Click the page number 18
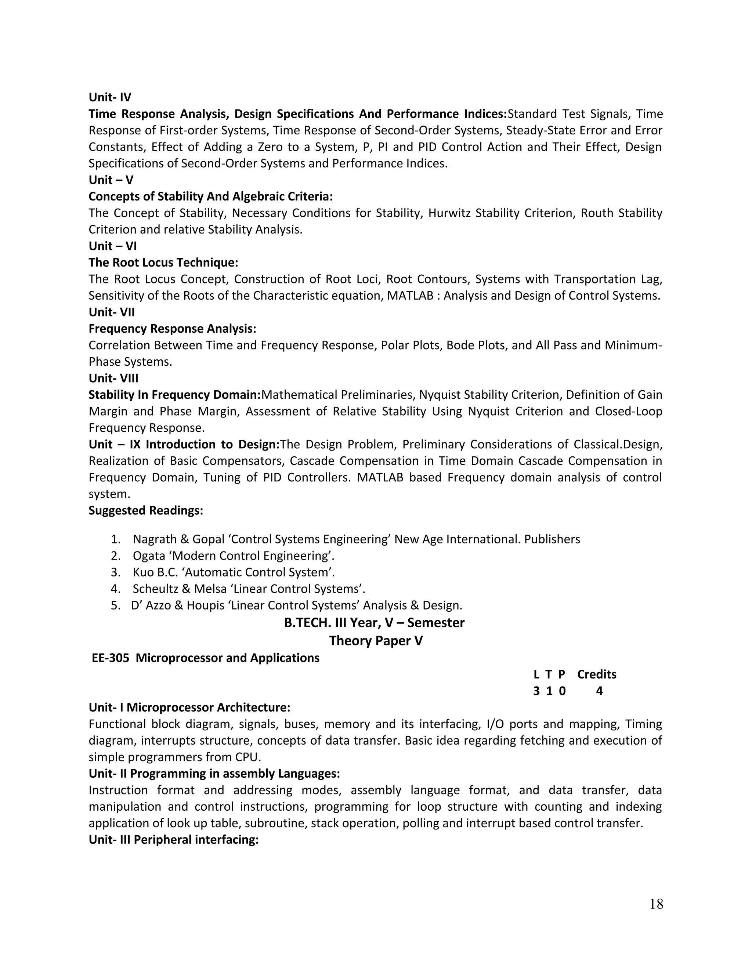656,904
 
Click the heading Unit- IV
109,97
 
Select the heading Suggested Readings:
146,511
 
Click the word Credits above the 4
597,674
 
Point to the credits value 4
599,691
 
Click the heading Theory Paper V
376,641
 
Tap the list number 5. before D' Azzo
115,605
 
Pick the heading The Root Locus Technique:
163,263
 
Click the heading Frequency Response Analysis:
173,329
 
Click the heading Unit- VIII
113,378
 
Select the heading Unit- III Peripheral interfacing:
173,840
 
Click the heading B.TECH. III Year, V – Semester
374,623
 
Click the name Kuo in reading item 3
142,572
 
